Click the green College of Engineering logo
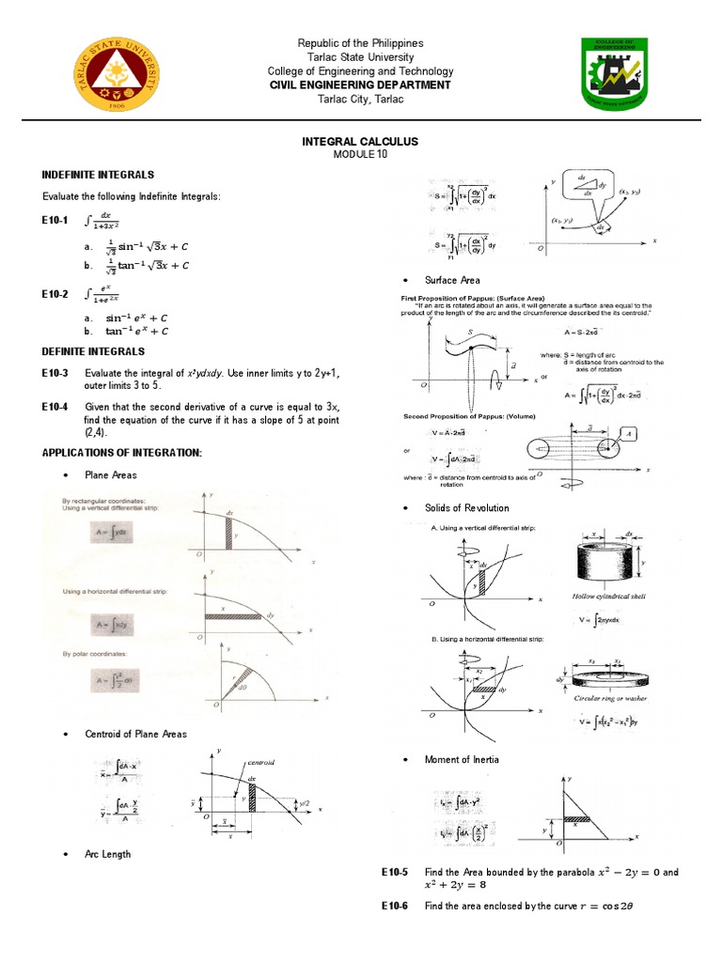(x=614, y=74)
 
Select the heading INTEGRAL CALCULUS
(x=360, y=141)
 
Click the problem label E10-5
(x=395, y=872)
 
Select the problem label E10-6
(x=395, y=906)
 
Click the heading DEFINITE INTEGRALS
(x=93, y=351)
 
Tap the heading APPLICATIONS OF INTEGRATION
(x=121, y=453)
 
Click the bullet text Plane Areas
(x=111, y=475)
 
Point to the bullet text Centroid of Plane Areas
(x=135, y=734)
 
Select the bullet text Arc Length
(x=108, y=854)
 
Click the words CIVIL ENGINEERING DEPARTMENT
(x=360, y=85)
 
